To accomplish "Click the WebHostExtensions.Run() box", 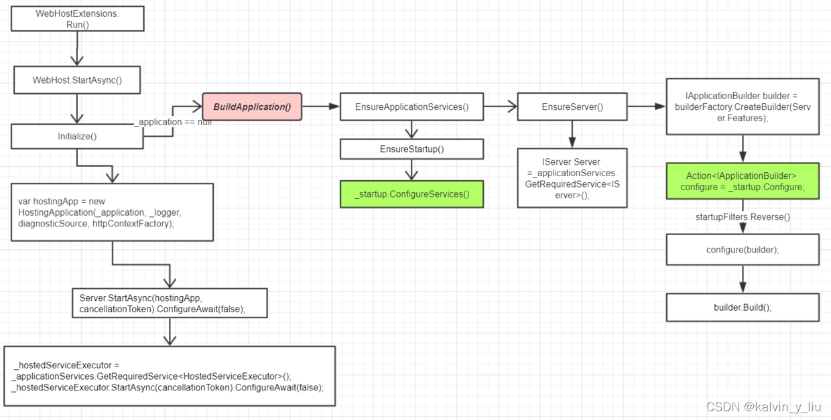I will click(77, 19).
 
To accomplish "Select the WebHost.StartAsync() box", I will click(77, 80).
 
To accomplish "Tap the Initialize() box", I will click(77, 136).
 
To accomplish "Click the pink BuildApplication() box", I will click(252, 107).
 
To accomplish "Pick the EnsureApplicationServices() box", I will click(411, 107).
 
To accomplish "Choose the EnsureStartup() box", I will click(411, 149).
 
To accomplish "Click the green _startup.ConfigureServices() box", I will click(411, 194).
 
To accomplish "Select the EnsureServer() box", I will click(572, 107).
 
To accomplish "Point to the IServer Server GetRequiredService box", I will click(572, 178).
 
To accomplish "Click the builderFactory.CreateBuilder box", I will click(743, 107).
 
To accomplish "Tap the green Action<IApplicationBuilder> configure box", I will click(743, 181).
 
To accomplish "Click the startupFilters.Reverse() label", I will click(743, 216).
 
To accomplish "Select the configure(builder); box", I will click(743, 249).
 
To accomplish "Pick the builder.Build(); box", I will click(743, 307).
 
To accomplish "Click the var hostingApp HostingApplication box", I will click(112, 212).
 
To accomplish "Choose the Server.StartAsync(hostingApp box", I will click(169, 303).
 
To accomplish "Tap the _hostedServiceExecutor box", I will click(169, 376).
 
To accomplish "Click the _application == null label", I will click(174, 122).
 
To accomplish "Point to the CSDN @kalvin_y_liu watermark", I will click(763, 407).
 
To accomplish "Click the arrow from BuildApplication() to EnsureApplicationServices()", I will click(320, 107).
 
